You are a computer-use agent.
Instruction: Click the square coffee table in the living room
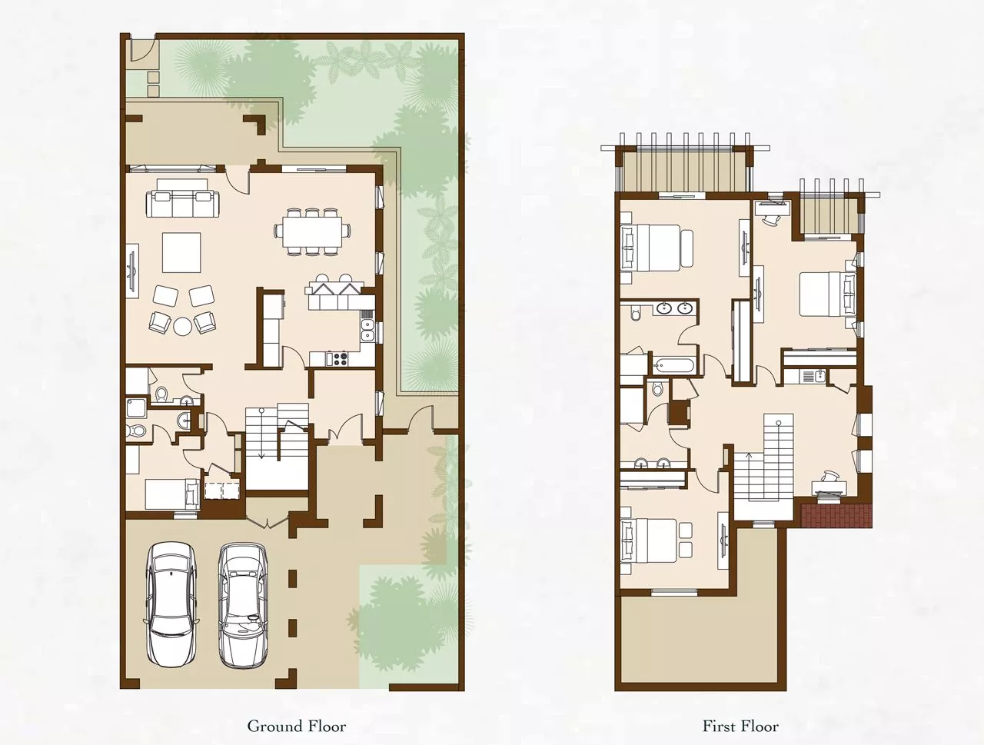click(181, 252)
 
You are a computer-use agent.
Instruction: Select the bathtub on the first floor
click(673, 366)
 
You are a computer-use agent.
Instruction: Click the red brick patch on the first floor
click(836, 516)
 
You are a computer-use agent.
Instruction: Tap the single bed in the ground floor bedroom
click(172, 494)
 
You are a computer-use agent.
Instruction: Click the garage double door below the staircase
click(268, 521)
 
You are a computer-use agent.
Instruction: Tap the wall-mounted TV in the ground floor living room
click(132, 271)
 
